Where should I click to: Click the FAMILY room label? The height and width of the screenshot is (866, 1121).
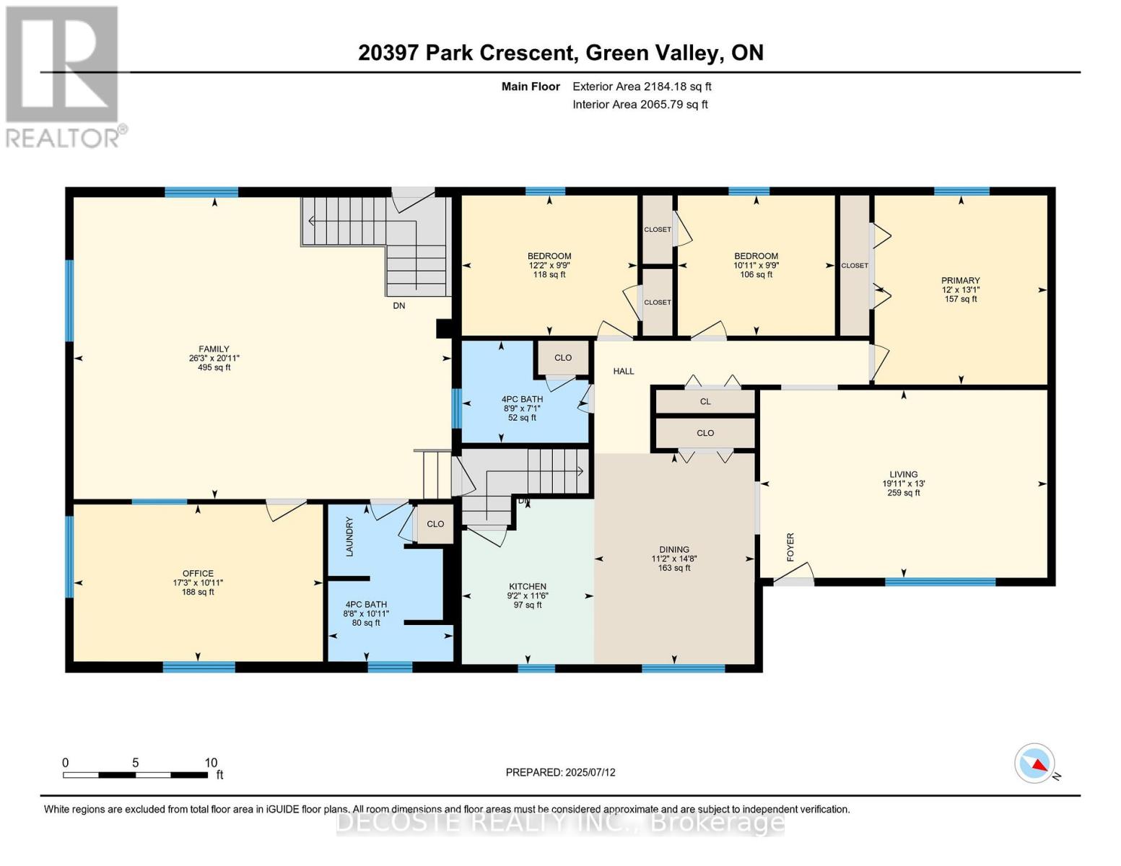pyautogui.click(x=214, y=349)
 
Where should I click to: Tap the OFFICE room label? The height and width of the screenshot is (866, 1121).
pyautogui.click(x=198, y=574)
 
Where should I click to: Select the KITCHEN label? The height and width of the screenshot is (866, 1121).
pyautogui.click(x=528, y=587)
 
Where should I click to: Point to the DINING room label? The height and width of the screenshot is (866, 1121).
pyautogui.click(x=674, y=550)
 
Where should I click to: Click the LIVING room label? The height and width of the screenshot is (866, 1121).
pyautogui.click(x=904, y=475)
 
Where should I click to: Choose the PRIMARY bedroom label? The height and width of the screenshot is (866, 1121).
pyautogui.click(x=960, y=281)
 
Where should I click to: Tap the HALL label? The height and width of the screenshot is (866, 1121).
pyautogui.click(x=624, y=372)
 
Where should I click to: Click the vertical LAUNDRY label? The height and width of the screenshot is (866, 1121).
pyautogui.click(x=349, y=536)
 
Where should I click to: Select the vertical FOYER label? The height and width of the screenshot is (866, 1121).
pyautogui.click(x=790, y=547)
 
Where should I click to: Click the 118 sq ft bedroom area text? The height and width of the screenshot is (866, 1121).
pyautogui.click(x=549, y=275)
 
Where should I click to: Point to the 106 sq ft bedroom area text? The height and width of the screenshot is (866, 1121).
pyautogui.click(x=756, y=275)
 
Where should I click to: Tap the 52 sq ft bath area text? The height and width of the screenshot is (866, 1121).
pyautogui.click(x=522, y=418)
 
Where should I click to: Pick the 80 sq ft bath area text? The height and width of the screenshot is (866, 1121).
pyautogui.click(x=366, y=623)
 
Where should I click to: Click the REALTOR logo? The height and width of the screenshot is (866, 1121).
pyautogui.click(x=64, y=76)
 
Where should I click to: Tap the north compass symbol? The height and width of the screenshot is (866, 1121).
pyautogui.click(x=1035, y=764)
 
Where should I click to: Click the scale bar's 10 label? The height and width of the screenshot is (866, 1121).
pyautogui.click(x=211, y=763)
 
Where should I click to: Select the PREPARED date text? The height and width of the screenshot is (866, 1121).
pyautogui.click(x=560, y=772)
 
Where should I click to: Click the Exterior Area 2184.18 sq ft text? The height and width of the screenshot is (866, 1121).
pyautogui.click(x=642, y=87)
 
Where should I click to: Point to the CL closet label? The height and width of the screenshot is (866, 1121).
pyautogui.click(x=705, y=402)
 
